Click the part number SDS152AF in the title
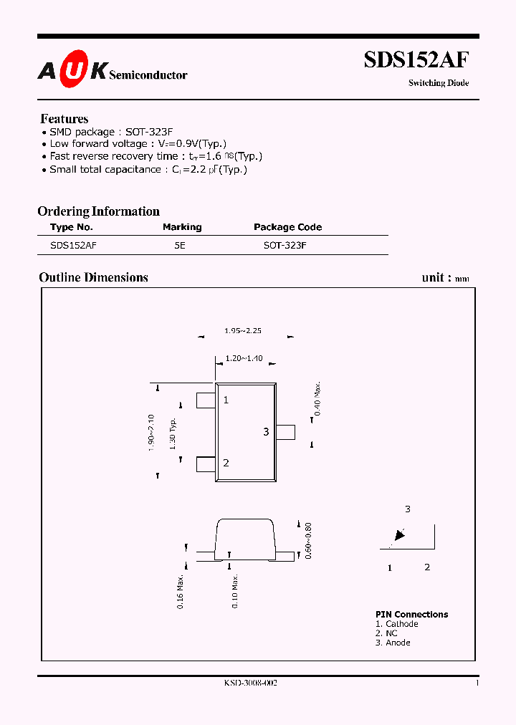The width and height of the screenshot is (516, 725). (x=416, y=59)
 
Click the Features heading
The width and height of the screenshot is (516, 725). (x=64, y=119)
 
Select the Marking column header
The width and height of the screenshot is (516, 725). (x=182, y=227)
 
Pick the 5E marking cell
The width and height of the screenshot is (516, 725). (x=180, y=245)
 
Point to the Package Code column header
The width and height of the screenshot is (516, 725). (x=287, y=227)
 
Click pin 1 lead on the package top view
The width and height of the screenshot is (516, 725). (x=206, y=400)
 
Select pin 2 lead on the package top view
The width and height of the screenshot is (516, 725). (x=206, y=464)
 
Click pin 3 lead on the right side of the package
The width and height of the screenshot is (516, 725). (x=286, y=432)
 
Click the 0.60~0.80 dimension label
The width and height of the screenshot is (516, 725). (x=309, y=541)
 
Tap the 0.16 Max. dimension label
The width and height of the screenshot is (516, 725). (x=183, y=591)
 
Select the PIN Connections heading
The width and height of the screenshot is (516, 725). (x=411, y=615)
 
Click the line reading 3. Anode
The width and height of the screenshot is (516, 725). (x=393, y=643)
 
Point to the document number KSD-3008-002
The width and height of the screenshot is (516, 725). (x=251, y=683)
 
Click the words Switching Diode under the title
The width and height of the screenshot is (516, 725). (x=439, y=83)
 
